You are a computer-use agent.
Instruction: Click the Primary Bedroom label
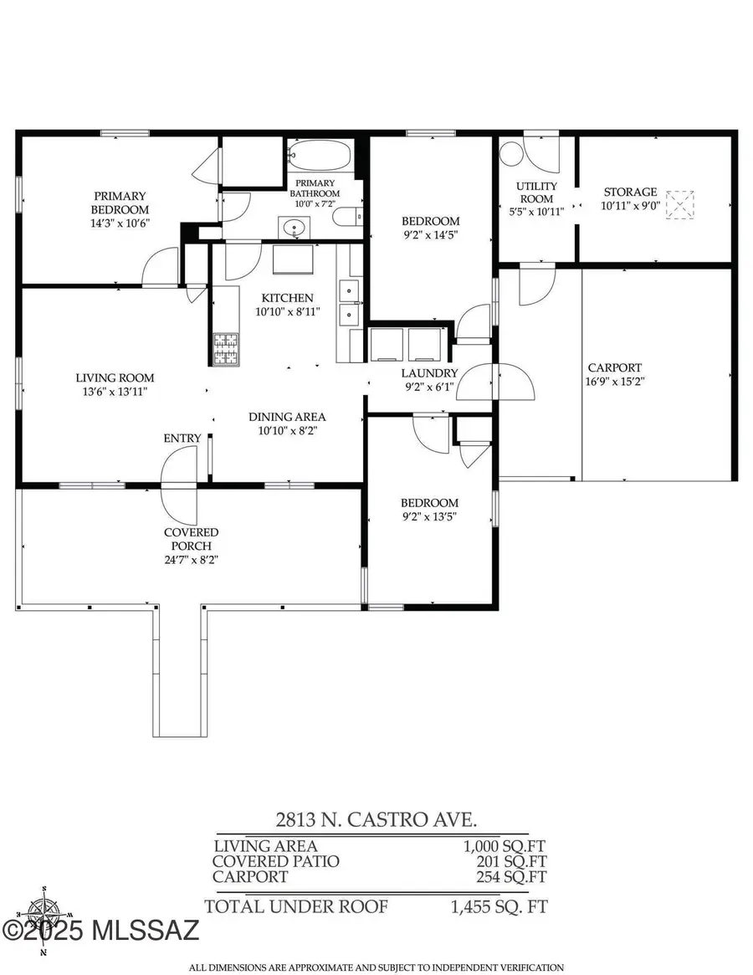click(121, 203)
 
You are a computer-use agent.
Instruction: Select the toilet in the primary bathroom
click(348, 217)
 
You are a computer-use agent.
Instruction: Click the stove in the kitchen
click(225, 349)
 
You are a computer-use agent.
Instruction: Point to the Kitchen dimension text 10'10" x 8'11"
click(287, 312)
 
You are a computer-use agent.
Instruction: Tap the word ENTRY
click(182, 438)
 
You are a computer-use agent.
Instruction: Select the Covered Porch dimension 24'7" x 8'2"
click(191, 559)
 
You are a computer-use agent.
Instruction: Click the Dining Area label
click(287, 417)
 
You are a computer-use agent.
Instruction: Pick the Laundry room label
click(429, 373)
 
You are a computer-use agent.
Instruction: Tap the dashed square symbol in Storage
click(680, 204)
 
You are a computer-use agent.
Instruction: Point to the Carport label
click(614, 367)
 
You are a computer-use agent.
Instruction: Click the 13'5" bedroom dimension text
click(429, 516)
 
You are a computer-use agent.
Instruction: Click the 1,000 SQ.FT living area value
click(499, 846)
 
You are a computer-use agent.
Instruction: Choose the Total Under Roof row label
click(297, 906)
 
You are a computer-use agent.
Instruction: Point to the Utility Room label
click(537, 192)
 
